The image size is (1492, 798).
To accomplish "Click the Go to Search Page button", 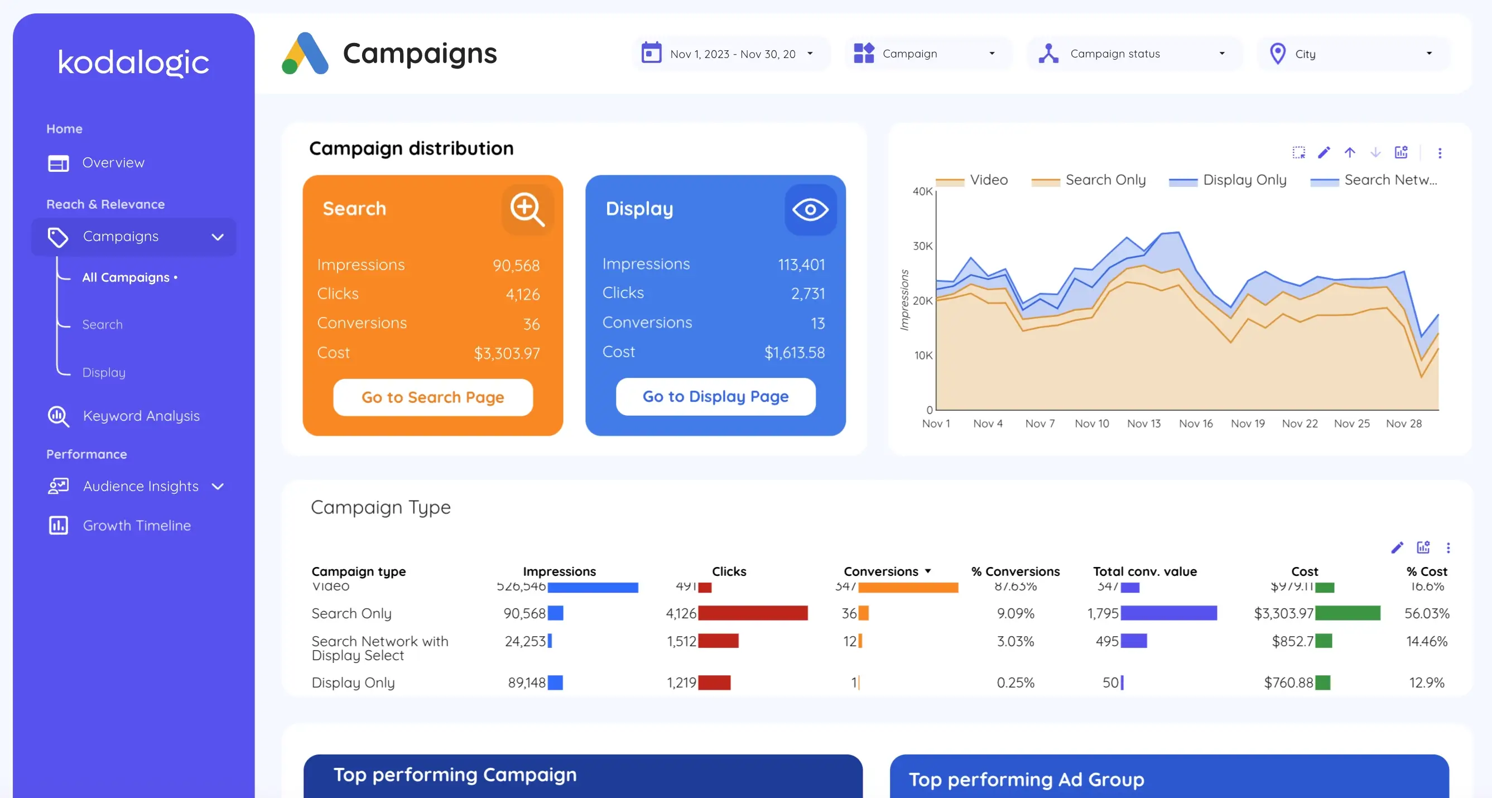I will coord(432,397).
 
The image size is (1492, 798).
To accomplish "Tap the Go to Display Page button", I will coord(715,397).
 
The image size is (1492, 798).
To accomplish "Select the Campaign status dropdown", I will coord(1133,54).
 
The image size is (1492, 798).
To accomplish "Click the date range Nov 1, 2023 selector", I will coord(731,54).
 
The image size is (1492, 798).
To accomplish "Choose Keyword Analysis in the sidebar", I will coord(141,416).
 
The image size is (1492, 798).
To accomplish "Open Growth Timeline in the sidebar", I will coord(137,525).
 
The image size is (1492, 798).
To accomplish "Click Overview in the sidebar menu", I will coord(113,163).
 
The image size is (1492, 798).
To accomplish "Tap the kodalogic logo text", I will coord(133,62).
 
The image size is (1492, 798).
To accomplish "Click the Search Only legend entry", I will coord(1105,180).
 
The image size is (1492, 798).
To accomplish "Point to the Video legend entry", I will coord(988,180).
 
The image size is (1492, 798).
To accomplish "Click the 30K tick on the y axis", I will coord(922,246).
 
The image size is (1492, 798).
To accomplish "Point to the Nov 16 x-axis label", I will coord(1196,424).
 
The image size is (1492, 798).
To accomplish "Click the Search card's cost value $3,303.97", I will coord(506,353).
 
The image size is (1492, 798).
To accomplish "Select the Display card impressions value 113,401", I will coord(801,265).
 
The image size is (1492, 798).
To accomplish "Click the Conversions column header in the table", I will coord(881,571).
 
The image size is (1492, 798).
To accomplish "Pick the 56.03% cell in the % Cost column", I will coord(1426,613).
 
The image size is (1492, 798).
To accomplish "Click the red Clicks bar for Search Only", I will coord(752,613).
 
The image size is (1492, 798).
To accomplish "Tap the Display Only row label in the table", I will coord(353,682).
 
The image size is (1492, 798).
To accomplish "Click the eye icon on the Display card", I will coord(810,210).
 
